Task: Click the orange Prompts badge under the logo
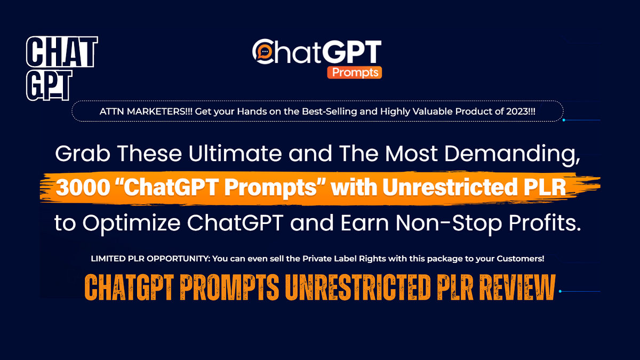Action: coord(354,71)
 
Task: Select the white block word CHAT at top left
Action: coord(62,52)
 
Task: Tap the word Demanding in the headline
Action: coord(514,155)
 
